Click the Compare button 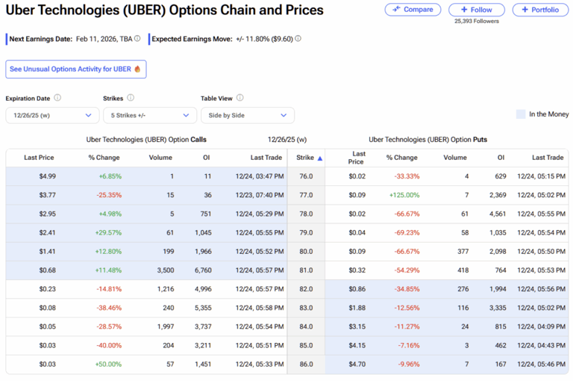(413, 10)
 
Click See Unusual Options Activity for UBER (75, 69)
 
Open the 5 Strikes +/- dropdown (149, 115)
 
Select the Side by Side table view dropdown (247, 115)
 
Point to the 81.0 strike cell (305, 270)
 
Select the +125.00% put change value (403, 195)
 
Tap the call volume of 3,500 (160, 270)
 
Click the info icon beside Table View (240, 98)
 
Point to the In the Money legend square (521, 114)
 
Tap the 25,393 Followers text (476, 21)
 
